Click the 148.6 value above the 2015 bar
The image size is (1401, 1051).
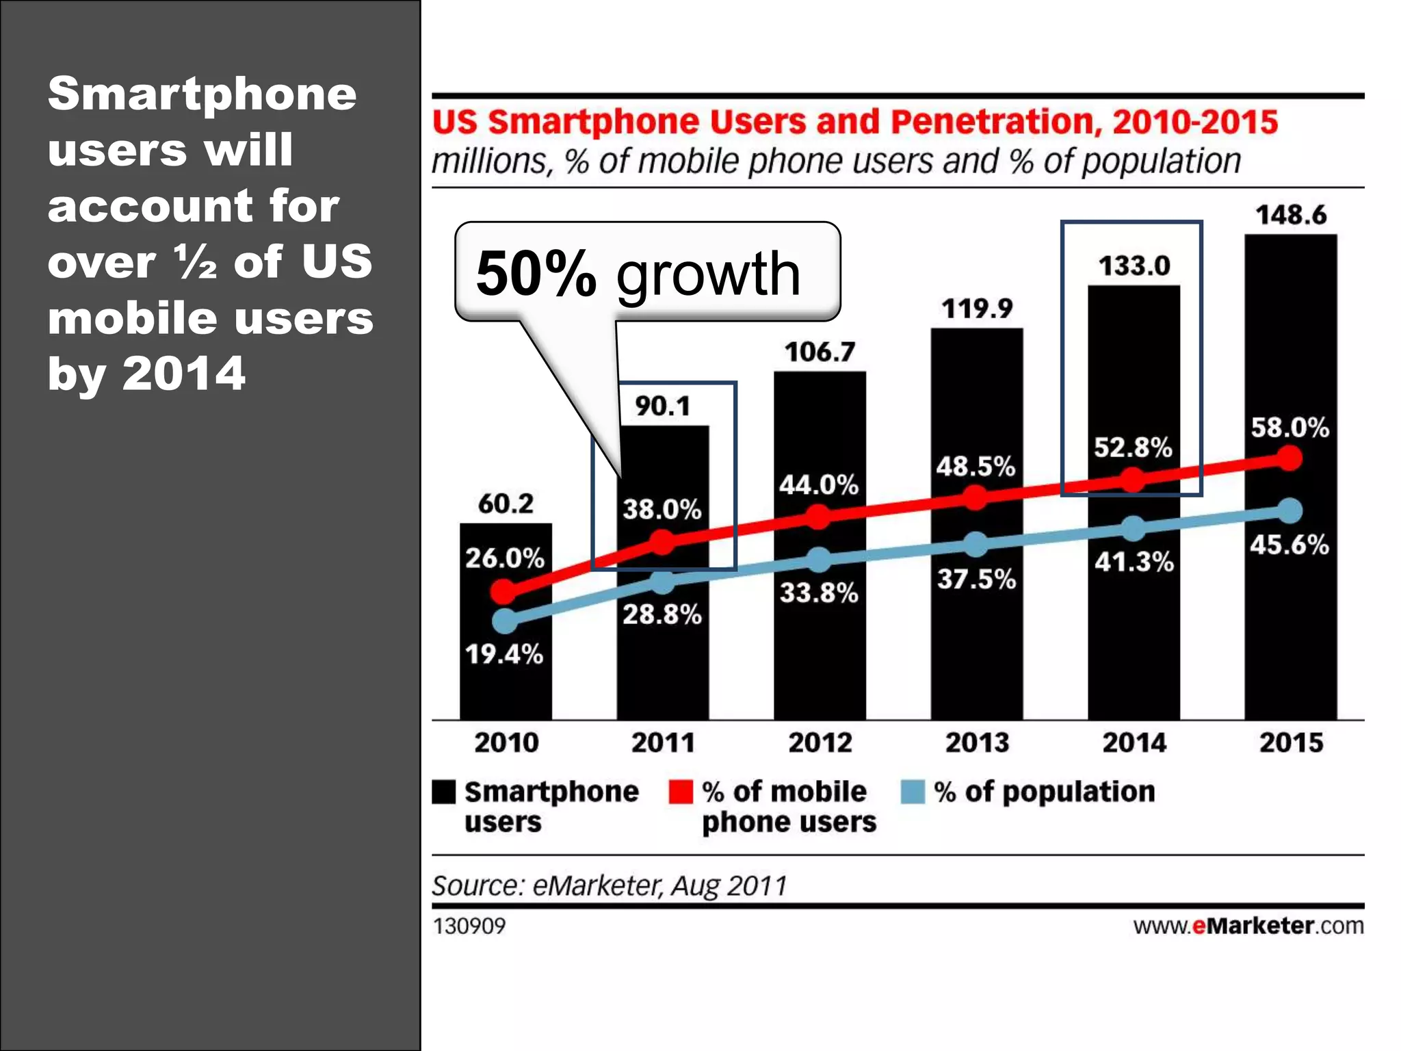tap(1290, 215)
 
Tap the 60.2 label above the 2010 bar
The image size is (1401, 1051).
tap(506, 504)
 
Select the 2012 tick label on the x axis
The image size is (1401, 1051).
tap(820, 742)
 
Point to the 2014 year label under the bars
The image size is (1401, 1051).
tap(1134, 742)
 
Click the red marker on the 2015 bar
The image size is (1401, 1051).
tap(1289, 458)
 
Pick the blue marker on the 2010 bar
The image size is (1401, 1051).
tap(505, 621)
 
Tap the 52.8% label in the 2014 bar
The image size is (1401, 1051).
tap(1133, 447)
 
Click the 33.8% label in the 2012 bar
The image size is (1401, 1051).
tap(819, 593)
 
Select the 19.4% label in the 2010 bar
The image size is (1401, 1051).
tap(504, 654)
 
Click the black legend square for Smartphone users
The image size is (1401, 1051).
tap(443, 792)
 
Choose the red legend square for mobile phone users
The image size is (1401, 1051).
tap(681, 792)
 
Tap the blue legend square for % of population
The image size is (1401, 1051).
tap(913, 792)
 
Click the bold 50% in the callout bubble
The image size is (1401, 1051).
tap(536, 274)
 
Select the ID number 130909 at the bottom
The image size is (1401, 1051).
tap(469, 926)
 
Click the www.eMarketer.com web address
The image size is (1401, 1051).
tap(1248, 926)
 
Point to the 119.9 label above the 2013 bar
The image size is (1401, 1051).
tap(976, 309)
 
